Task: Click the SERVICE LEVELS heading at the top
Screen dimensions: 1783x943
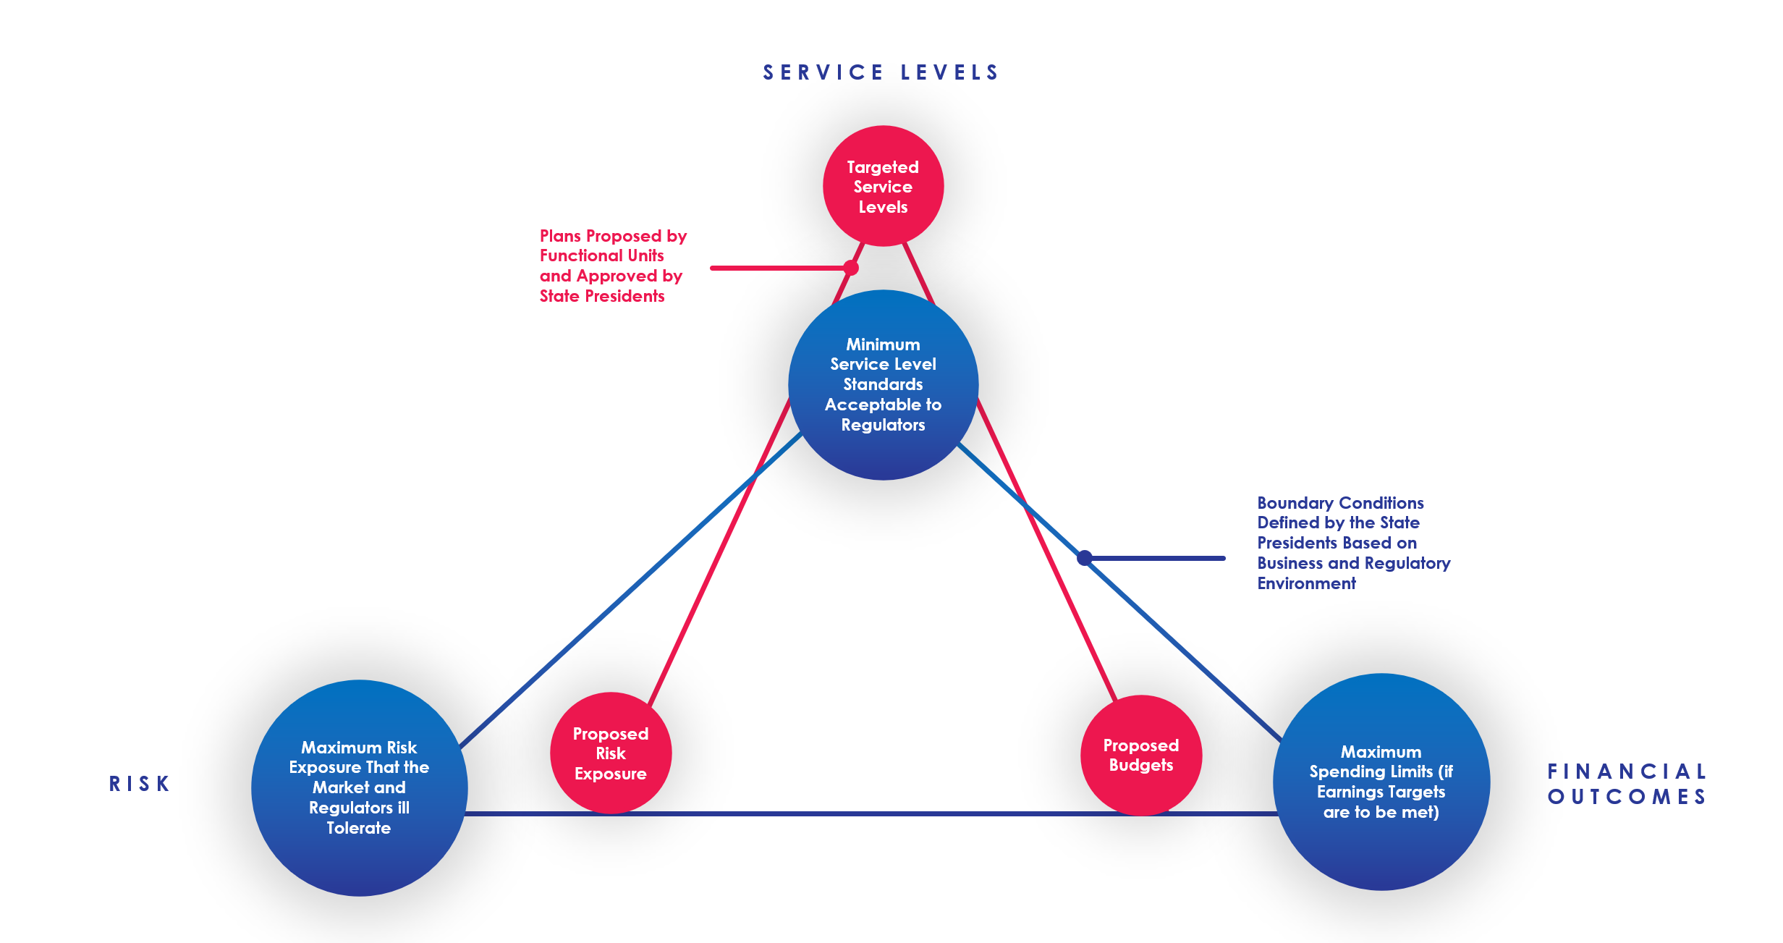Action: tap(881, 72)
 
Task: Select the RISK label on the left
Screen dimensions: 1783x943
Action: tap(139, 784)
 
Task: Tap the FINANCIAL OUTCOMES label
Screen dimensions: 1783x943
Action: tap(1627, 784)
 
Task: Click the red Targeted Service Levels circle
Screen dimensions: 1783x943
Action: tap(883, 186)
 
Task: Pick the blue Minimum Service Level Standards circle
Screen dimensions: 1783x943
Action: tap(883, 384)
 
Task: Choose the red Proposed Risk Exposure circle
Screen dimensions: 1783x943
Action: tap(611, 753)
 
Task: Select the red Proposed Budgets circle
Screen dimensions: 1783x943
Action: tap(1141, 755)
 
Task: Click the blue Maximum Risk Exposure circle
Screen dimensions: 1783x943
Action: tap(359, 787)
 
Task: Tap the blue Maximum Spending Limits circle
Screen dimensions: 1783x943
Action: tap(1381, 782)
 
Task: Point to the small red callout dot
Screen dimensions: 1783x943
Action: tap(851, 268)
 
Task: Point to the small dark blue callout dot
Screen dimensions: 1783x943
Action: tap(1084, 558)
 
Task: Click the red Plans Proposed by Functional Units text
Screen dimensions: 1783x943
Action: tap(613, 266)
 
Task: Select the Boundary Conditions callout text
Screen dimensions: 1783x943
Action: tap(1353, 543)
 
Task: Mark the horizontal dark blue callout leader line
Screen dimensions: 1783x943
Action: tap(1156, 558)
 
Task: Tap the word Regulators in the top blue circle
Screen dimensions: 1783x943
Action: tap(883, 425)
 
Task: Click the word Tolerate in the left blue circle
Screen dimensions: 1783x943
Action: tap(359, 828)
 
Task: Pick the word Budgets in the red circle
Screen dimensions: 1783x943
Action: tap(1141, 766)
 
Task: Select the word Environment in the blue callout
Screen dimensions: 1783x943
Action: tap(1306, 583)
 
